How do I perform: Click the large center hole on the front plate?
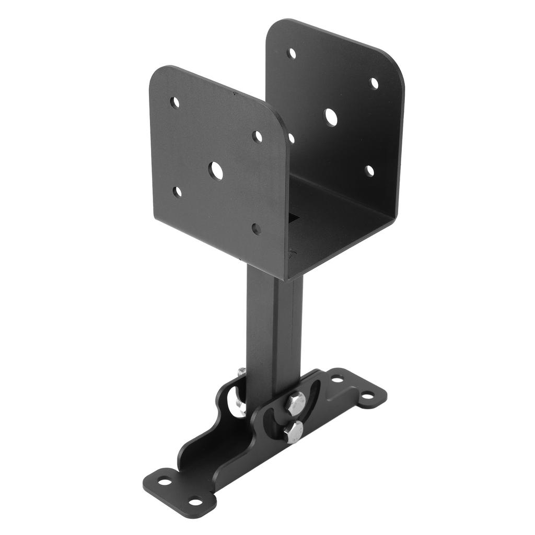[216, 171]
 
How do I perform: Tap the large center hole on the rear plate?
[330, 117]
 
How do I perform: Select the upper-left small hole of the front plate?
[175, 102]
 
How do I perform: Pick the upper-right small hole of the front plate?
[257, 137]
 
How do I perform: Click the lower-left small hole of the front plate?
[177, 192]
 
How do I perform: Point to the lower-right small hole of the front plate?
[257, 229]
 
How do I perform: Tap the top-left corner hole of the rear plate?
[292, 53]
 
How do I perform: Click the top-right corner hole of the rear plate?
[374, 84]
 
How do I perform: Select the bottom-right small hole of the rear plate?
[369, 171]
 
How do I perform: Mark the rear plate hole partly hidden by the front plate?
[292, 138]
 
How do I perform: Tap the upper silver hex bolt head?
[296, 403]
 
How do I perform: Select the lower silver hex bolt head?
[294, 432]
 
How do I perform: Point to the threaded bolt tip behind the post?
[241, 372]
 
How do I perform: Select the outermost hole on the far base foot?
[368, 396]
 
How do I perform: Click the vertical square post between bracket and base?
[273, 324]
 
